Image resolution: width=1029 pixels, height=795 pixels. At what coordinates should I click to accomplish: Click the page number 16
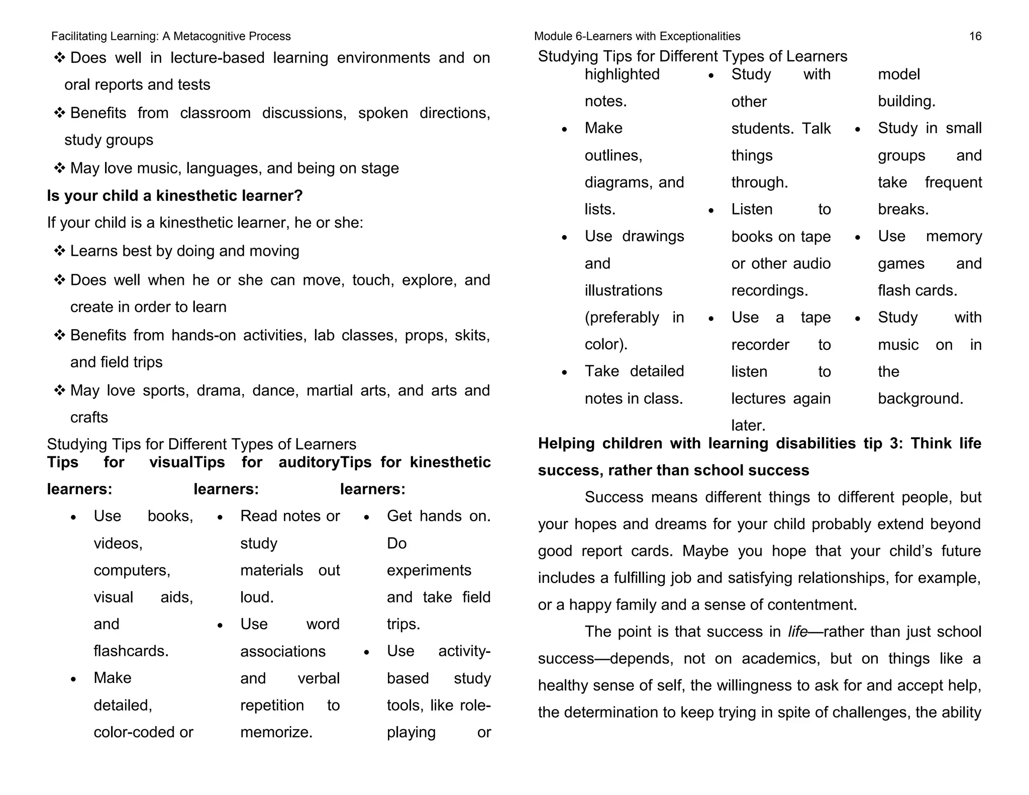pos(975,36)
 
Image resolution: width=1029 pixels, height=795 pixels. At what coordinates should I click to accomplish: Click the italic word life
pos(797,632)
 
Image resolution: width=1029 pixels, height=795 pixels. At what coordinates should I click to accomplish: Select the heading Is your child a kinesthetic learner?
pos(175,195)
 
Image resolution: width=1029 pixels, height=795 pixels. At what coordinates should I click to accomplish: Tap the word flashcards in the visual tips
pos(131,651)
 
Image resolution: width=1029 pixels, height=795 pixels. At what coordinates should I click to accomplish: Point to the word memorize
pos(276,732)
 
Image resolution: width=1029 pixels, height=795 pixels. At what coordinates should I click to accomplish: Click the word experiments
pos(429,570)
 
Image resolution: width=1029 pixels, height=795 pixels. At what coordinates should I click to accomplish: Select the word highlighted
pos(622,74)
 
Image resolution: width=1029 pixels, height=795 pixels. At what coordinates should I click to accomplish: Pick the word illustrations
pos(623,290)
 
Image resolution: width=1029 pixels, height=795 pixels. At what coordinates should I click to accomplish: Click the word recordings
pos(769,290)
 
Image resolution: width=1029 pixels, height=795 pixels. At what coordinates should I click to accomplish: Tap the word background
pos(920,399)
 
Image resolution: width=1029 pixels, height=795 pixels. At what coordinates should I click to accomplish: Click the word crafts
pos(89,418)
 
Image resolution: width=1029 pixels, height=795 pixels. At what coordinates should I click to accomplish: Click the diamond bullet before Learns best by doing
pos(60,251)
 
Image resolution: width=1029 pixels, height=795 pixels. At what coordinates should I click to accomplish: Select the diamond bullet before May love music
pos(60,168)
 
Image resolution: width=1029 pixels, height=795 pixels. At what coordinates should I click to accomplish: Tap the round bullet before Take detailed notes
pos(564,372)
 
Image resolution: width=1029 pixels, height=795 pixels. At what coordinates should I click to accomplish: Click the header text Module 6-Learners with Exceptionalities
pos(637,36)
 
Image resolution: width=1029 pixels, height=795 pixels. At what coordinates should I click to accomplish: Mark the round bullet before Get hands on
pos(366,517)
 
